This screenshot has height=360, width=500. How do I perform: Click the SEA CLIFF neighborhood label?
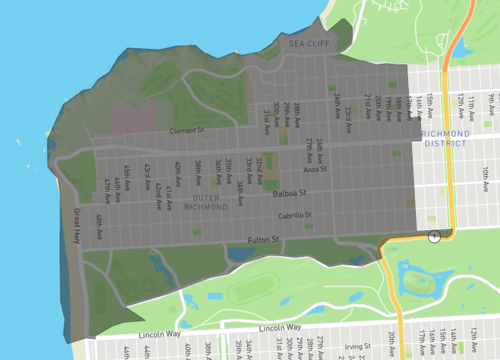[x=308, y=44]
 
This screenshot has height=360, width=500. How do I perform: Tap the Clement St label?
[x=185, y=130]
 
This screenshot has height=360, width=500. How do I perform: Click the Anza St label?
[x=315, y=169]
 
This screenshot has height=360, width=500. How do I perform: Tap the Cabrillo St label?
[x=295, y=215]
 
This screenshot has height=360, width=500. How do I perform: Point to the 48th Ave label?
[x=99, y=223]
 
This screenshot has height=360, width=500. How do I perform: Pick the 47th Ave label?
[x=107, y=191]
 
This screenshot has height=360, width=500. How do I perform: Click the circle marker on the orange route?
[x=434, y=236]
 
